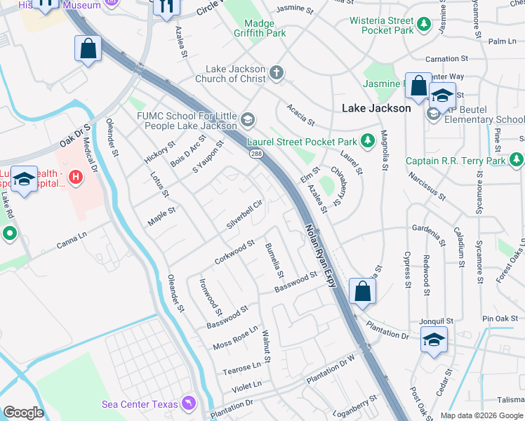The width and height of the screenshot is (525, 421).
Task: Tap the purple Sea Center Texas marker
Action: [x=189, y=403]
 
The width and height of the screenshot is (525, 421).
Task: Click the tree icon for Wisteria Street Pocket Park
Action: [x=423, y=25]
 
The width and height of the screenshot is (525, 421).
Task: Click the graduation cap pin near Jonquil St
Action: [x=434, y=340]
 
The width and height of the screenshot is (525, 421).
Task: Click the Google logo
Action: [x=23, y=413]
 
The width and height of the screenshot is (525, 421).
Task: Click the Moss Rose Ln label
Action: [x=235, y=338]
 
